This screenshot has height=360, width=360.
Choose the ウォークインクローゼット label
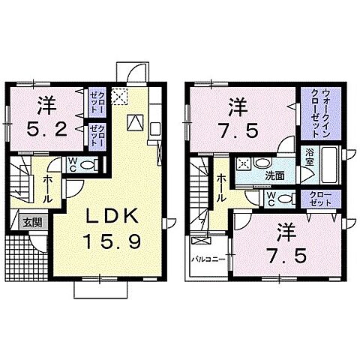[321, 112]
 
